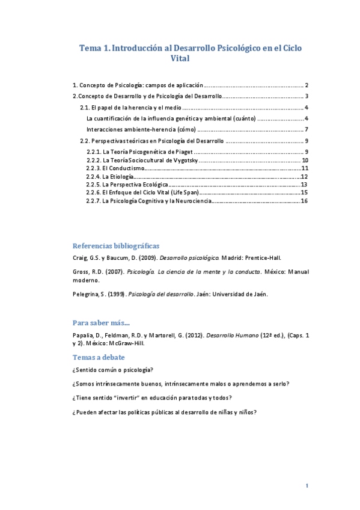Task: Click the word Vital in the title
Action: click(180, 59)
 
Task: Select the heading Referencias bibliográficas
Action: click(115, 245)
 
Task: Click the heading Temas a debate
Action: click(99, 357)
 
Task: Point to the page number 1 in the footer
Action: click(307, 485)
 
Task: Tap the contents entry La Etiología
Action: click(109, 176)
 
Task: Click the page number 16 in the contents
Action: click(304, 201)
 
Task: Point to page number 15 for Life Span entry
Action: click(304, 192)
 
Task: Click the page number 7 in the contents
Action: click(306, 129)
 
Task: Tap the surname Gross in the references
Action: click(81, 272)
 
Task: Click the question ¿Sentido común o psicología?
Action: click(112, 369)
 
